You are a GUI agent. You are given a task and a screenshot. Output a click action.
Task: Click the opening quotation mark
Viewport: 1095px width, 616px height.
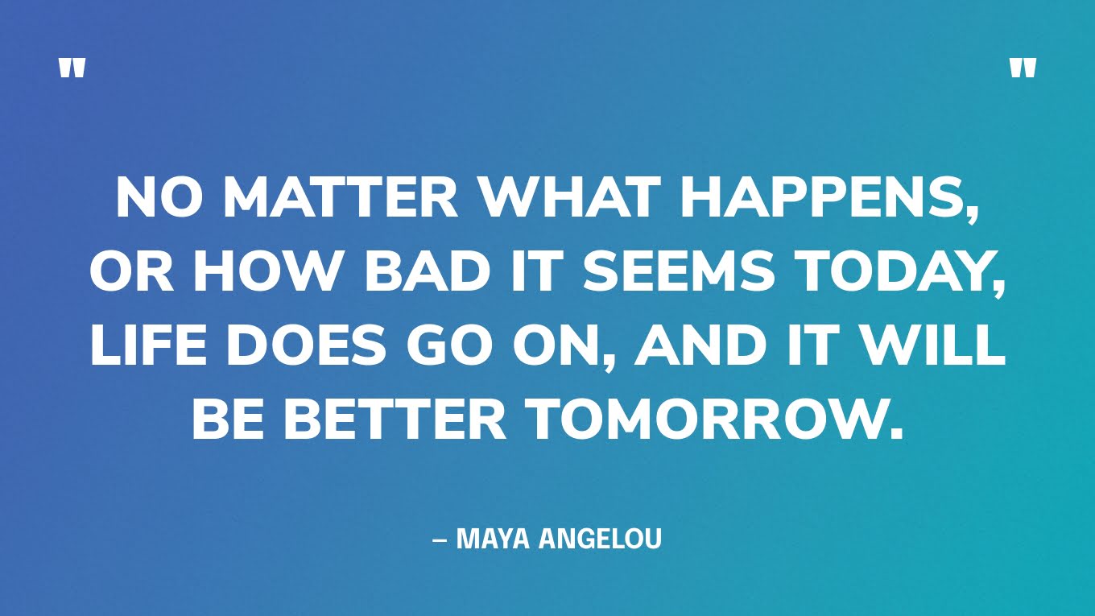(x=72, y=68)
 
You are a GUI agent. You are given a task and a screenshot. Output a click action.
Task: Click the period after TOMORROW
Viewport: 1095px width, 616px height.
(x=894, y=432)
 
